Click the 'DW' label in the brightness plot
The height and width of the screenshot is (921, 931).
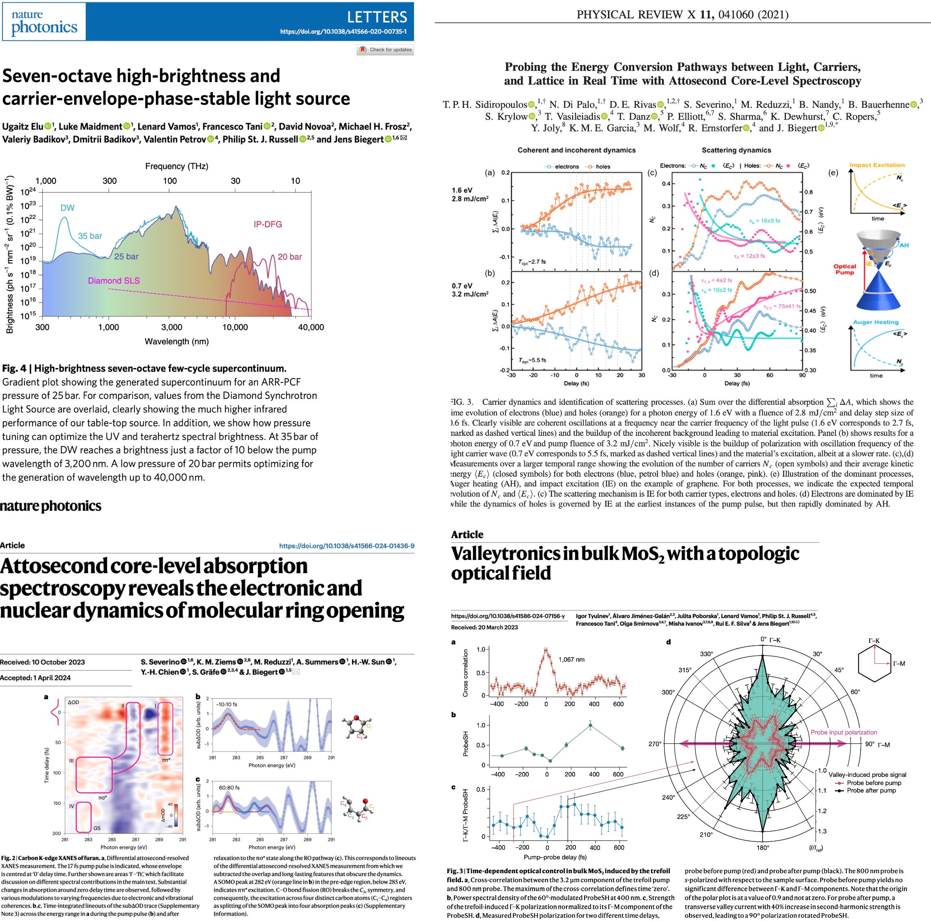pyautogui.click(x=67, y=207)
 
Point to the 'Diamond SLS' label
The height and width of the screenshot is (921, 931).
pyautogui.click(x=114, y=280)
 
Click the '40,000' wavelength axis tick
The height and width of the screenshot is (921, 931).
pyautogui.click(x=311, y=327)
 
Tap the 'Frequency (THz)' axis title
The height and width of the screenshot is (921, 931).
pyautogui.click(x=177, y=166)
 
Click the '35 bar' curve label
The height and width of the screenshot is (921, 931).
pyautogui.click(x=90, y=236)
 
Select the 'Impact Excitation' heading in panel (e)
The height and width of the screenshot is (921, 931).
pyautogui.click(x=877, y=165)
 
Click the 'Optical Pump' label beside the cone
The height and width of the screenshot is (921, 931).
pyautogui.click(x=845, y=269)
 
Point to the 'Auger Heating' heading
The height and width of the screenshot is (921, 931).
pyautogui.click(x=875, y=322)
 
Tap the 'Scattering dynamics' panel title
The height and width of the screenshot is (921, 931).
pyautogui.click(x=736, y=150)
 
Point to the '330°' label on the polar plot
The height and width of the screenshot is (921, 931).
pyautogui.click(x=706, y=653)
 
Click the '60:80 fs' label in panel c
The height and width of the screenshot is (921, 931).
pyautogui.click(x=229, y=787)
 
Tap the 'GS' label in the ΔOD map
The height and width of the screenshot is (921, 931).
pyautogui.click(x=97, y=828)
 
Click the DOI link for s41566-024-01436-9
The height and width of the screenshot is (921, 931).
pyautogui.click(x=347, y=546)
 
